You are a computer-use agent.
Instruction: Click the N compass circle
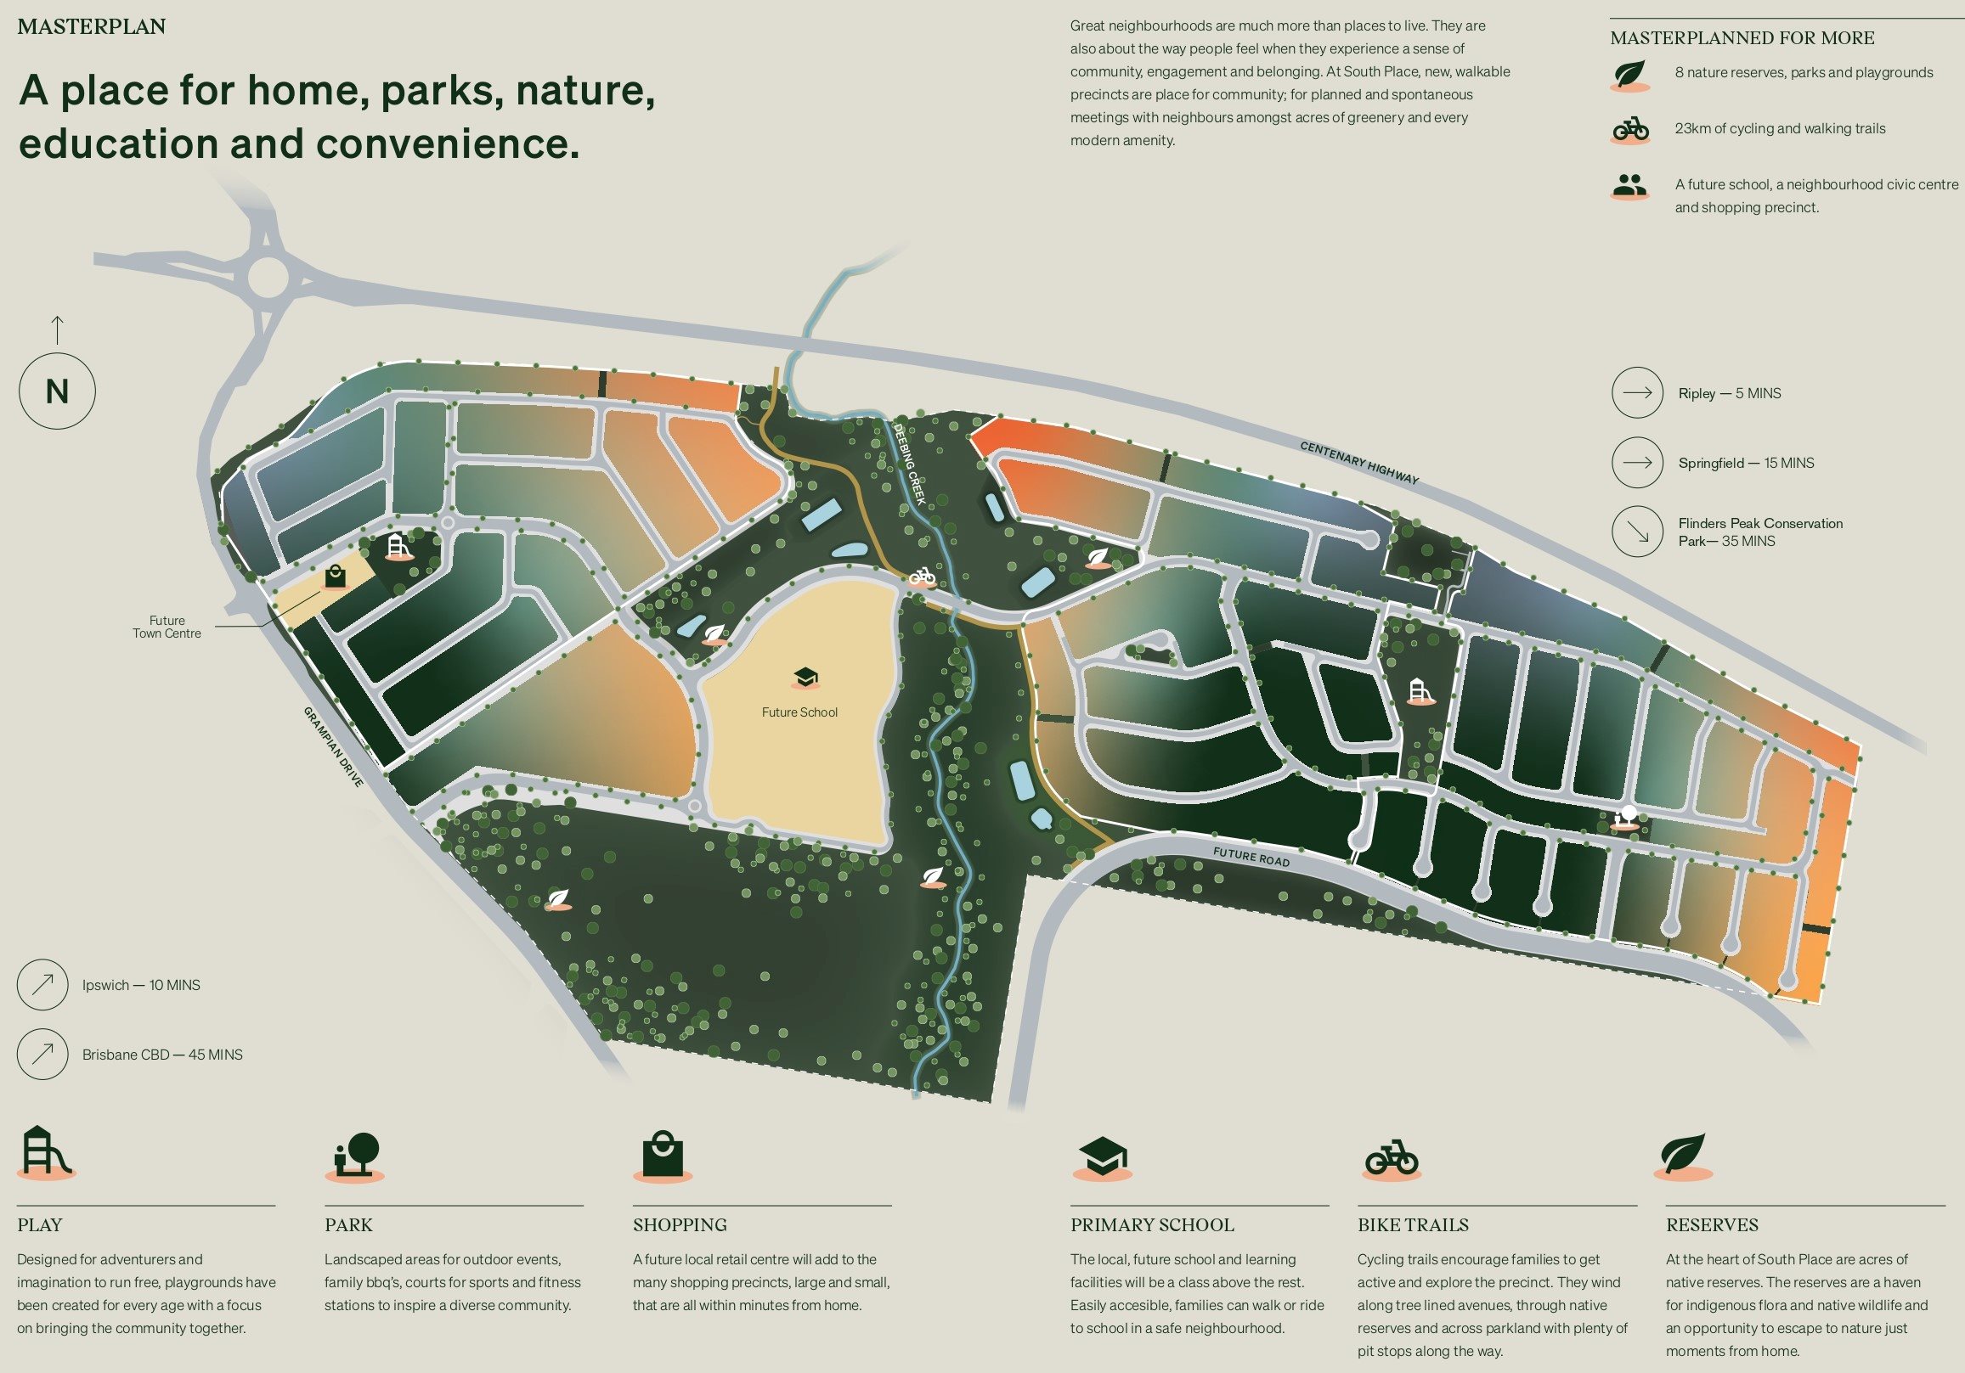[x=56, y=391]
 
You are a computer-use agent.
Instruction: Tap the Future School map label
[x=799, y=712]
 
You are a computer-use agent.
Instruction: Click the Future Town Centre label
[x=167, y=627]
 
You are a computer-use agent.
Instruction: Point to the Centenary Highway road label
[x=1358, y=463]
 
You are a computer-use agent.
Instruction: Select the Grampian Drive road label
[x=334, y=746]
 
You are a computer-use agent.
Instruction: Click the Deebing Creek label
[x=909, y=464]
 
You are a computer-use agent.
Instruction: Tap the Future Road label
[x=1251, y=856]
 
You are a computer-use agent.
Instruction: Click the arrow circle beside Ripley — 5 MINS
[x=1636, y=392]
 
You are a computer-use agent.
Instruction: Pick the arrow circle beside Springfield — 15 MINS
[x=1636, y=463]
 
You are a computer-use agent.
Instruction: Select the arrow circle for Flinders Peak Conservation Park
[x=1636, y=532]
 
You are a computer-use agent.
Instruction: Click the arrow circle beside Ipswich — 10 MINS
[x=42, y=985]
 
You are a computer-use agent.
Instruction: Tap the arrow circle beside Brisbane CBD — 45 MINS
[x=42, y=1054]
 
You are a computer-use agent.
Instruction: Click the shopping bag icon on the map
[x=336, y=577]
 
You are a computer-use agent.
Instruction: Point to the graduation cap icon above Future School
[x=805, y=678]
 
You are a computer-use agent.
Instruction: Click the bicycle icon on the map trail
[x=922, y=577]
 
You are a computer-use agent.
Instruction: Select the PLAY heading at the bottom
[x=39, y=1224]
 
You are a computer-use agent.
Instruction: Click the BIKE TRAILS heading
[x=1412, y=1224]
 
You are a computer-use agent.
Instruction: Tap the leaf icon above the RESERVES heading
[x=1683, y=1155]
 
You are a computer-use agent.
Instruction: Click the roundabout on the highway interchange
[x=268, y=276]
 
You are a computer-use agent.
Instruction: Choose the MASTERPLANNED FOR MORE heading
[x=1742, y=37]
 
